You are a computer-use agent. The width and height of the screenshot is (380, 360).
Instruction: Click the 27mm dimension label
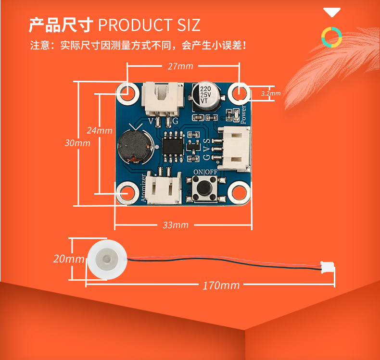tap(180, 66)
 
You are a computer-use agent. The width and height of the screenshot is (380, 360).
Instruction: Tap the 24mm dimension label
tap(100, 130)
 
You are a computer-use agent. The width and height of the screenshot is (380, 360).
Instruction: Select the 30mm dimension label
tap(77, 143)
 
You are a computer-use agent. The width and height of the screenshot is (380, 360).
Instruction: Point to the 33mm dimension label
tap(176, 225)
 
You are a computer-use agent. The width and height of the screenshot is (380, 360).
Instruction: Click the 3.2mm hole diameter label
tap(271, 93)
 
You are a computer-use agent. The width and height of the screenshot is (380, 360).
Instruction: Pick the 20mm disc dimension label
tap(69, 259)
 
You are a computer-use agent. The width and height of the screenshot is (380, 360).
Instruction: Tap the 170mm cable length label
tap(221, 286)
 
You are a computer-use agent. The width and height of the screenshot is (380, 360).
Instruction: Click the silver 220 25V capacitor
tap(206, 96)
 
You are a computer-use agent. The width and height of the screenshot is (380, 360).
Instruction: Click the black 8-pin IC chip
tap(173, 147)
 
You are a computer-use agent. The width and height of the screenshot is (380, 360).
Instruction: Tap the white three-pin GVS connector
tap(233, 149)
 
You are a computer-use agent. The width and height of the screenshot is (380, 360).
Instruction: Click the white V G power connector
tap(163, 99)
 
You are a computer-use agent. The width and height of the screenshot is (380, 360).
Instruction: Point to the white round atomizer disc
tap(107, 259)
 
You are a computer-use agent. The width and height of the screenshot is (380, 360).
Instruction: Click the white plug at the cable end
tap(328, 267)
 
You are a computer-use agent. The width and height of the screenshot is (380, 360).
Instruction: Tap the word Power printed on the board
tap(243, 114)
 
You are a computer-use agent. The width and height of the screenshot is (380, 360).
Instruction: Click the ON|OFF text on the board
tap(205, 172)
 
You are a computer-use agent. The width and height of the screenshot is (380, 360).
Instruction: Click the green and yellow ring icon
tap(331, 37)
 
